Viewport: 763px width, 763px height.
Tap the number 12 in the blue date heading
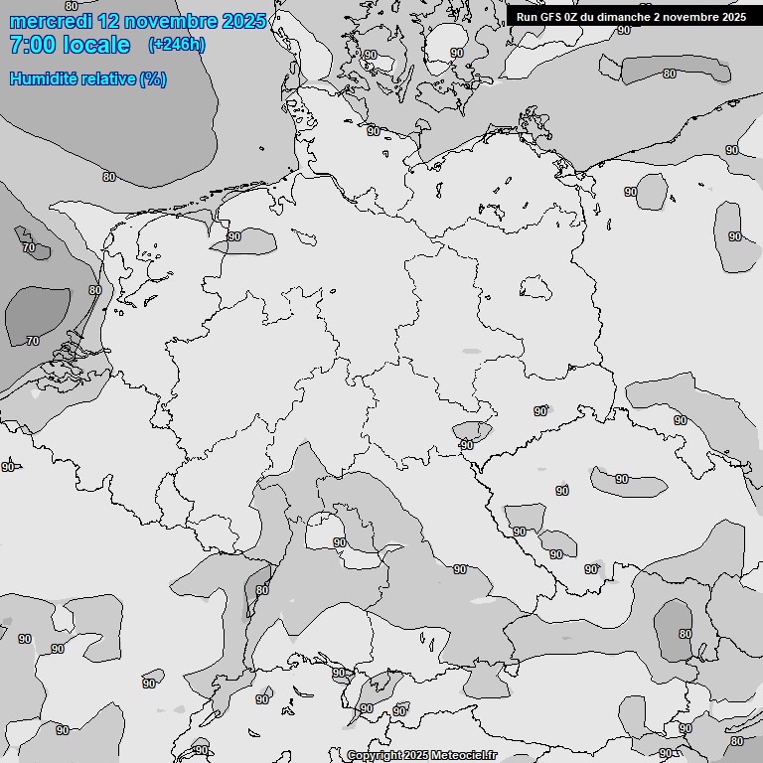pos(109,21)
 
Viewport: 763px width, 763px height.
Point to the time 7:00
pos(34,45)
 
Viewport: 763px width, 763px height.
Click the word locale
pos(97,45)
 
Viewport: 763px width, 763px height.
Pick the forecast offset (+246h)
pos(177,45)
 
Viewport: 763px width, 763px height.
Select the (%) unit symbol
pos(153,78)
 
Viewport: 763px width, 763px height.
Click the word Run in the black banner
pos(527,17)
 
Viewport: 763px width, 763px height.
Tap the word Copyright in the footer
pos(375,756)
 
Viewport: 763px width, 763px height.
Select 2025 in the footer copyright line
pos(418,756)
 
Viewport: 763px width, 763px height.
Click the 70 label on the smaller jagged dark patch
pos(29,247)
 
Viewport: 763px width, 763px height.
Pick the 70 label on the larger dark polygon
pos(33,341)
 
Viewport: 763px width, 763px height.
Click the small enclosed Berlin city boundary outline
pos(536,287)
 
